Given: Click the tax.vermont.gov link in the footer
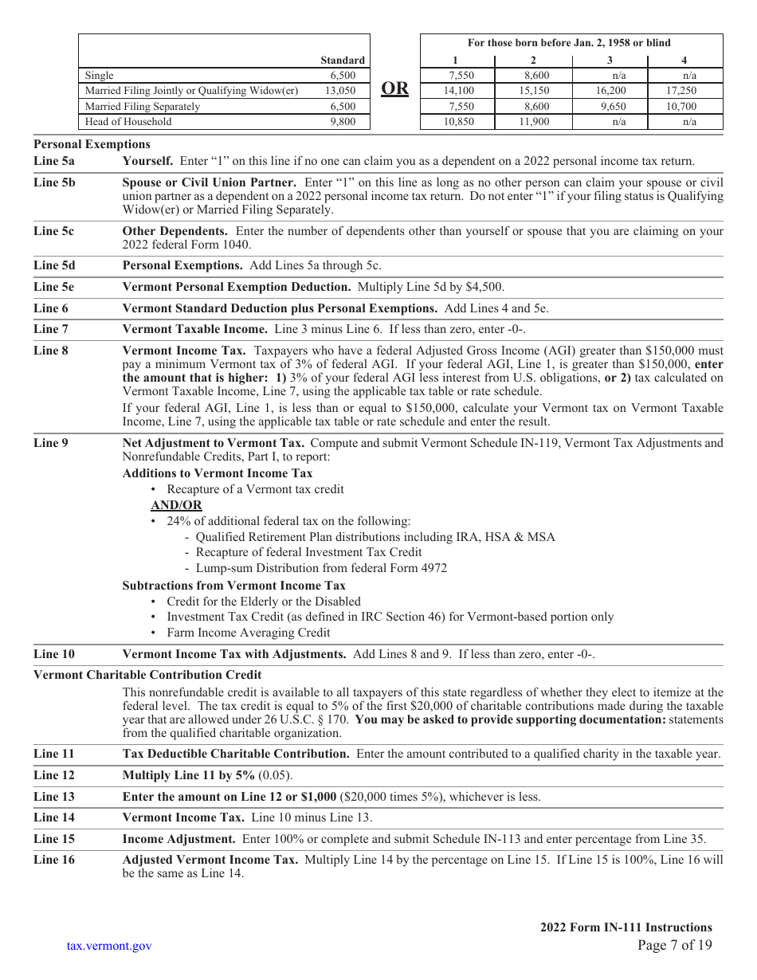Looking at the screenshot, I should (x=109, y=946).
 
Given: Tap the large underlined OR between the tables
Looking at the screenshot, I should (x=394, y=88).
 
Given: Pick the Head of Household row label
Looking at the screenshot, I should (x=128, y=122).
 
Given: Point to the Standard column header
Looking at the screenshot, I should (x=343, y=60).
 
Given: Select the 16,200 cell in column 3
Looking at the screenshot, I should (x=610, y=91).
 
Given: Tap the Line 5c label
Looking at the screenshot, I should (x=53, y=231).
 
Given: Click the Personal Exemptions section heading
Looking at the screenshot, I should (x=92, y=144).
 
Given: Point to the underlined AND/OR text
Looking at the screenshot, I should (x=176, y=505).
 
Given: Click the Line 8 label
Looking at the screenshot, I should (x=51, y=350).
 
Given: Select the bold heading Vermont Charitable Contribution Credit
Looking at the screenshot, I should (x=147, y=675).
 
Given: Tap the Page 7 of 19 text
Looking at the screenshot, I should (x=675, y=946).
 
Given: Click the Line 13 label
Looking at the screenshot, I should (x=53, y=796).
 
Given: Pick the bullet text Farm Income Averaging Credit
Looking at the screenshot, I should (x=248, y=633).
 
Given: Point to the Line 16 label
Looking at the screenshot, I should (x=53, y=860).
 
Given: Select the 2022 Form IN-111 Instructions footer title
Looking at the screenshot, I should (x=626, y=927).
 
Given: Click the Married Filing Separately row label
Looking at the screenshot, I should (x=143, y=106).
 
